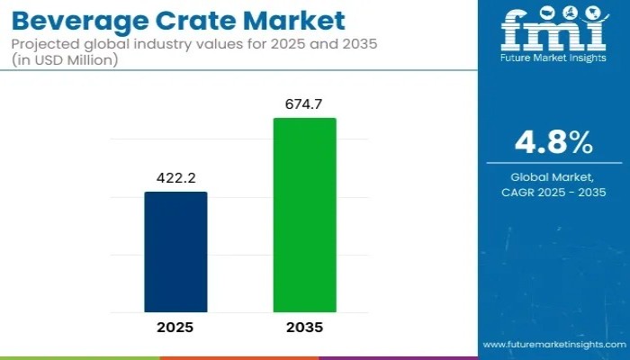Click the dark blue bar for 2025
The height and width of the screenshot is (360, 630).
(175, 251)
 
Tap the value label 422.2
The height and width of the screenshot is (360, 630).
(175, 178)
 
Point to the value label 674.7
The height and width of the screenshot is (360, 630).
(304, 104)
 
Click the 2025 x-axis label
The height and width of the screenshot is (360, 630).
(175, 328)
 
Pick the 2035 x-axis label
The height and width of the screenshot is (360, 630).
(304, 328)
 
